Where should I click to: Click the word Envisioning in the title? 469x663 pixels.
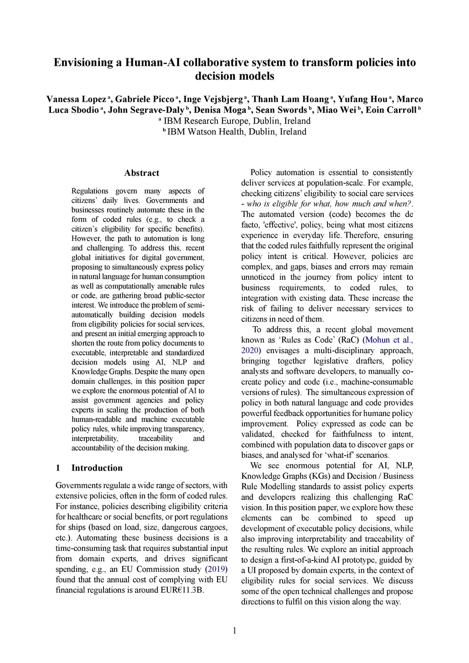[x=84, y=62]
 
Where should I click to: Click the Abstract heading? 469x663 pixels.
[x=142, y=173]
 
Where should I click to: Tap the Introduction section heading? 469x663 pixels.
[x=97, y=468]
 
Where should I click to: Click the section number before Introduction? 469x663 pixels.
[x=58, y=468]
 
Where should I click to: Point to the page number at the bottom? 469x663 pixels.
[x=234, y=631]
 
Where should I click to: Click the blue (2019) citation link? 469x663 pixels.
[x=216, y=569]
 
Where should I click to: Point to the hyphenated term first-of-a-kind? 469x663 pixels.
[x=311, y=560]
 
